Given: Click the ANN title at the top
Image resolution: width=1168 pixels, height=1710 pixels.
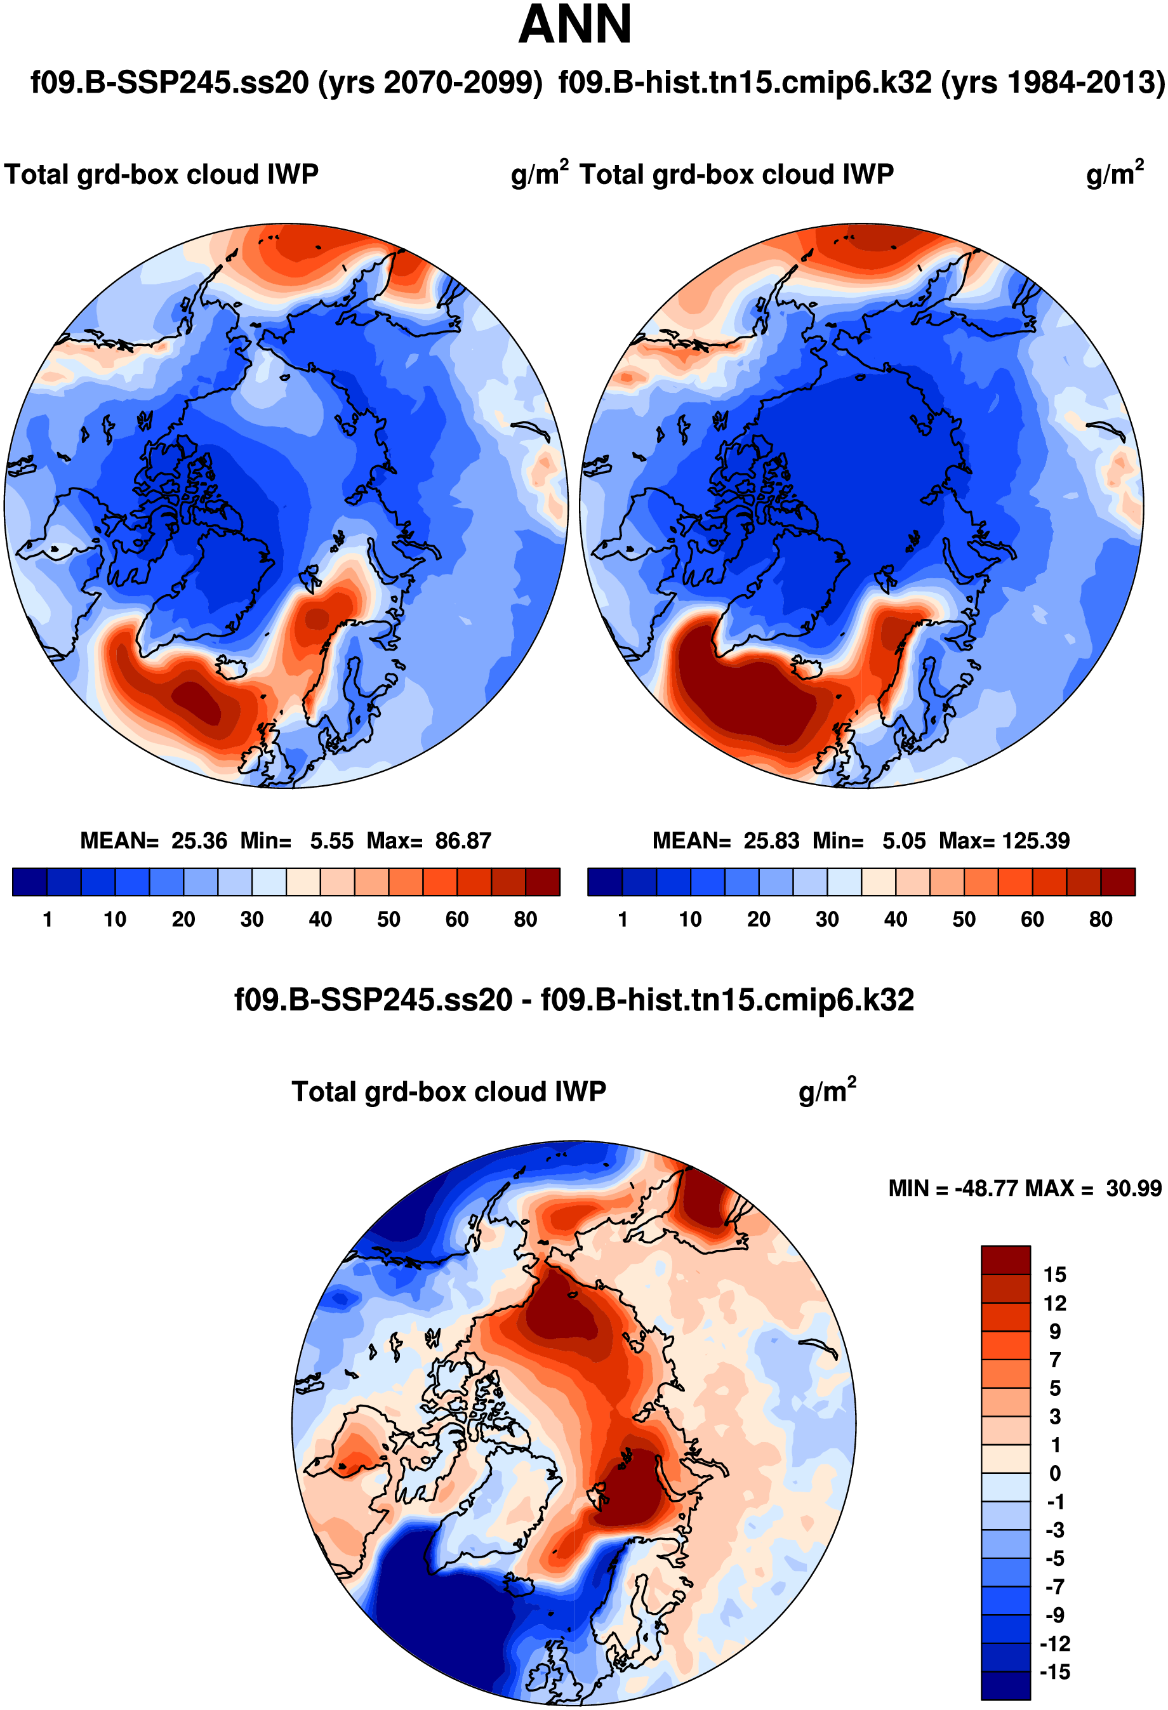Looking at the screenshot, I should point(575,25).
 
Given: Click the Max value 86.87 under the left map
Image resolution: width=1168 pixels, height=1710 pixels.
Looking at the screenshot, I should point(462,840).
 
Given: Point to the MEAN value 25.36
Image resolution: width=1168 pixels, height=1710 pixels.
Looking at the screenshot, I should point(199,840).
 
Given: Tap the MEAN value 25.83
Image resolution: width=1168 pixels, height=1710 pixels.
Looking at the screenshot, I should point(771,840).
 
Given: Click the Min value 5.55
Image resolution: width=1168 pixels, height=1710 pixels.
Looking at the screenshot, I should point(331,840).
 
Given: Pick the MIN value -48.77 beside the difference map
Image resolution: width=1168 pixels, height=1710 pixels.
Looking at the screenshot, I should point(987,1188).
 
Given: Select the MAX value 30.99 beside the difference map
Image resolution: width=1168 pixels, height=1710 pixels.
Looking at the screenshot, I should point(1134,1188).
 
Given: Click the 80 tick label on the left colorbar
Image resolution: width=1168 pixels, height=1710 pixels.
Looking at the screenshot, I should point(526,919).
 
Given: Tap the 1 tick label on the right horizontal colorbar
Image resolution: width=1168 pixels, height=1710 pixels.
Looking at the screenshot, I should point(623,919).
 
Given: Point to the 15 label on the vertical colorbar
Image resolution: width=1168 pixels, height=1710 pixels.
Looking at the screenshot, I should point(1054,1275).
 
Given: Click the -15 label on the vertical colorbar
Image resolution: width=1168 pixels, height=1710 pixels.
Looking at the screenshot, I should point(1054,1672).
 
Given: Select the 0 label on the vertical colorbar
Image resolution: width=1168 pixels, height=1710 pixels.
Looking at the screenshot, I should point(1054,1474).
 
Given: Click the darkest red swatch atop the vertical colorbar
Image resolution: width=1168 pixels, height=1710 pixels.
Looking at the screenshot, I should point(1005,1260).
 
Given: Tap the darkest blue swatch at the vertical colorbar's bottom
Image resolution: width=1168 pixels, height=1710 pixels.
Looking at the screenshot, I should point(1005,1687).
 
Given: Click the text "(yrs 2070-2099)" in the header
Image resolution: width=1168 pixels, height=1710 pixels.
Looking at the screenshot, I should point(430,83).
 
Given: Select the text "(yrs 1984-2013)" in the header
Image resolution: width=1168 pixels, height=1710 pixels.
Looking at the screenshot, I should point(1053,83).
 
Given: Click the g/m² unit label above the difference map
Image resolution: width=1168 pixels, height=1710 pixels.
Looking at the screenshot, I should point(826,1092).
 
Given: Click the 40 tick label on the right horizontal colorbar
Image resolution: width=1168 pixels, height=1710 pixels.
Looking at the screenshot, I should point(895,919).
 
